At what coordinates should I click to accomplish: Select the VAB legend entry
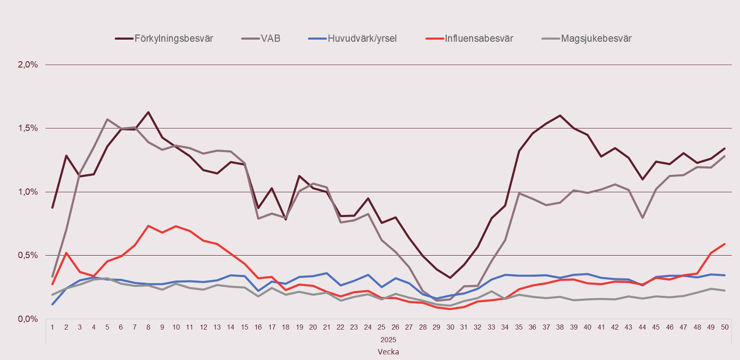tap(271, 39)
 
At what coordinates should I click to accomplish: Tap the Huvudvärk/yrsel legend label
tap(362, 39)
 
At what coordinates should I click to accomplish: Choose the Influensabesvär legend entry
tap(479, 39)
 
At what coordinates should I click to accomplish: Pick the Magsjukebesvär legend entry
tap(596, 39)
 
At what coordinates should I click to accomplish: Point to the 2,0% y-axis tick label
tap(28, 65)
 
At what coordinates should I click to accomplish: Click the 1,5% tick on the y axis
tap(28, 128)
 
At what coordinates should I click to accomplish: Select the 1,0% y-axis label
tap(28, 192)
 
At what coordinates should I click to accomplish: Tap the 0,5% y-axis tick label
tap(28, 255)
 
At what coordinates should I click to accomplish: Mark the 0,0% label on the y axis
tap(28, 319)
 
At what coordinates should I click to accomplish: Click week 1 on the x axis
tap(52, 328)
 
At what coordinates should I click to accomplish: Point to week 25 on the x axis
tap(381, 328)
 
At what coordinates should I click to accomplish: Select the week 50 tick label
tap(725, 328)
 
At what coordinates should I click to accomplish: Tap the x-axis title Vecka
tap(388, 352)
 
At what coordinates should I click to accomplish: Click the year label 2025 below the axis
tap(388, 340)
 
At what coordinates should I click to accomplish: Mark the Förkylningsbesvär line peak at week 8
tap(148, 112)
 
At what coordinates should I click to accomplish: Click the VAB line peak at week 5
tap(107, 119)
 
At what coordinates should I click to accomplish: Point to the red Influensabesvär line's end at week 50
tap(725, 244)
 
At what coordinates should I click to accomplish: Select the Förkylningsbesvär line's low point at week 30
tap(450, 278)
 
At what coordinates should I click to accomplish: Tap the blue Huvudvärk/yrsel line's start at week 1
tap(52, 304)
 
